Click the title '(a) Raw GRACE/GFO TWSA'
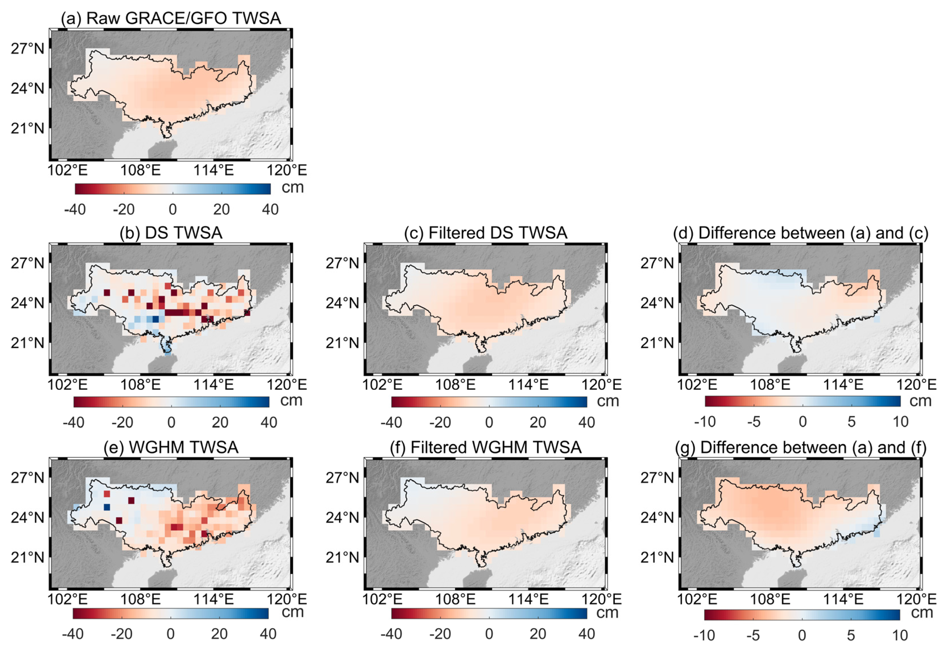[x=171, y=18]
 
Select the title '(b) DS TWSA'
[x=171, y=233]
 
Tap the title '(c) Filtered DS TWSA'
[x=486, y=233]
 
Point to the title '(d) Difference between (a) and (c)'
[x=800, y=233]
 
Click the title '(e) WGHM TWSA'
[x=171, y=447]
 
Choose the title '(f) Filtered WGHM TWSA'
[x=486, y=447]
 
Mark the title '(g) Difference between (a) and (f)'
[x=800, y=447]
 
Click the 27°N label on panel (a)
[x=27, y=49]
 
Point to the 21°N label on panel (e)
[x=27, y=557]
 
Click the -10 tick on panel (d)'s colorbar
[x=705, y=421]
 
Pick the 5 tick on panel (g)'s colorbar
[x=851, y=635]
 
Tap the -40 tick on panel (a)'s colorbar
[x=75, y=209]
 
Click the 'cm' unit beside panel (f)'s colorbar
[x=607, y=613]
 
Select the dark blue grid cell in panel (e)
[x=107, y=507]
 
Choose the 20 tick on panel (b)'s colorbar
[x=220, y=422]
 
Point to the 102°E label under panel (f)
[x=383, y=599]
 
